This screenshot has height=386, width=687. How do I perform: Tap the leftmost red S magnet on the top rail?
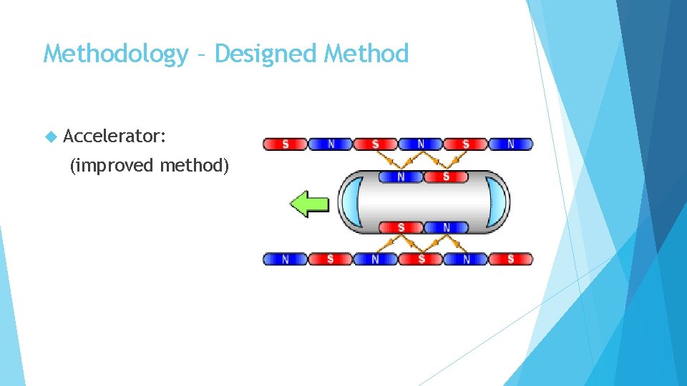click(286, 144)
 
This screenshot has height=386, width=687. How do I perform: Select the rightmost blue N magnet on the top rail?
click(511, 144)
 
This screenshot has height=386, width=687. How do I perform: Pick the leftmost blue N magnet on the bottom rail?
click(286, 259)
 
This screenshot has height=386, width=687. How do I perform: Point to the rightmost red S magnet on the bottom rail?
click(511, 259)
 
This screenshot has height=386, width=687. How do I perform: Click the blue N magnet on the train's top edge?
click(400, 177)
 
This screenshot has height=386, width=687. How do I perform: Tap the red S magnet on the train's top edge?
click(445, 177)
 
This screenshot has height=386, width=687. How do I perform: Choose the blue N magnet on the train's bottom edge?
click(445, 227)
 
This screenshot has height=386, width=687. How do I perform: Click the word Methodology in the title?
click(114, 54)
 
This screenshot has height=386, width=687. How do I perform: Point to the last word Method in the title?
click(366, 54)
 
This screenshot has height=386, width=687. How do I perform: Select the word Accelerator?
click(114, 135)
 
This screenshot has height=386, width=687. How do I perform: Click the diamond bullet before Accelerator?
click(50, 135)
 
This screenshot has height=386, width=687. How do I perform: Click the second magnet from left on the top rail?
click(330, 144)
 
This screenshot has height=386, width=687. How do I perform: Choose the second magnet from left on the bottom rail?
click(330, 259)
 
